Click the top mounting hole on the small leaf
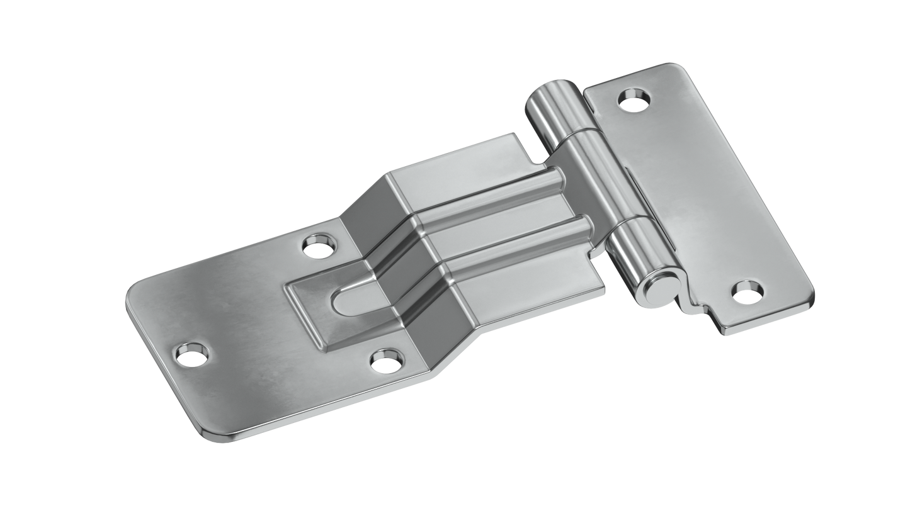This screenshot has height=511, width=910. tap(634, 98)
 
